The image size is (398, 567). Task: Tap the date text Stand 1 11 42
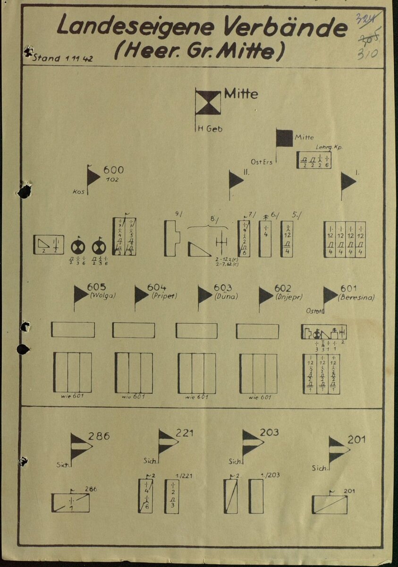click(61, 58)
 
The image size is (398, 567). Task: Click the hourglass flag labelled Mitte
click(208, 103)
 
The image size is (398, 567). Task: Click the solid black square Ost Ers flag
click(284, 138)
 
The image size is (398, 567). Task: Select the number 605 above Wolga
click(96, 288)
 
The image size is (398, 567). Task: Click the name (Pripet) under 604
click(164, 297)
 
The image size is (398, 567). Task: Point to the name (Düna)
click(226, 297)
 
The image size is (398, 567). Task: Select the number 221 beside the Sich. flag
click(184, 432)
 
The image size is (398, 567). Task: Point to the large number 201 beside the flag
click(356, 440)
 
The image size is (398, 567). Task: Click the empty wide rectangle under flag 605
click(73, 329)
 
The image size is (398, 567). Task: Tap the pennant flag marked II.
click(235, 180)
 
